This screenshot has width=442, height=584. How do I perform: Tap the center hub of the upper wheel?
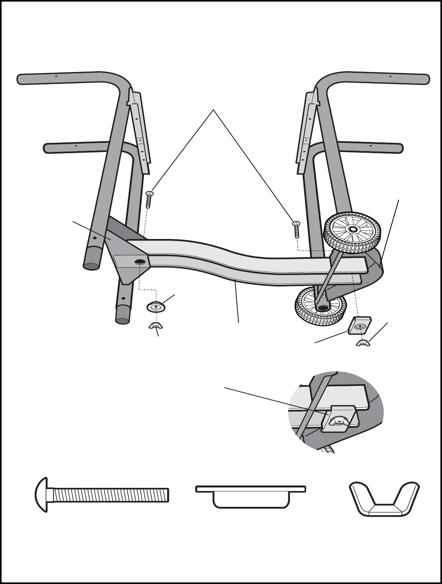[352, 229]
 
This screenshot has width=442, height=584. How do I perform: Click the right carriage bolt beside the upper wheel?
[296, 229]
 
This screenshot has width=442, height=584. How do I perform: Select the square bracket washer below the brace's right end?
[360, 325]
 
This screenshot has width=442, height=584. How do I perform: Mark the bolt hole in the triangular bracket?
[139, 262]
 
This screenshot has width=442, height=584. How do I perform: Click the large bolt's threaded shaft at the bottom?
[111, 495]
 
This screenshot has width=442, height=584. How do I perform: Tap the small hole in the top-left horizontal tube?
[57, 76]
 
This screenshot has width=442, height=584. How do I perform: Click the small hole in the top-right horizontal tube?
[390, 76]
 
